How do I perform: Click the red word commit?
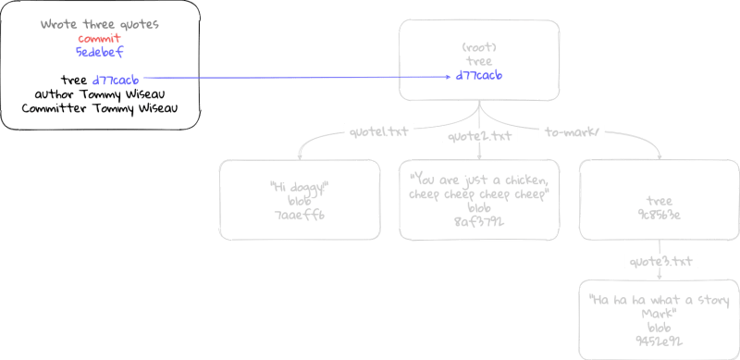[99, 38]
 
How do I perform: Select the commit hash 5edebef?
[99, 52]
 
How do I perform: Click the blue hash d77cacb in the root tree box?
[479, 75]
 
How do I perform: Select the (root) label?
[479, 46]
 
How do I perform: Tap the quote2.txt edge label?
[479, 135]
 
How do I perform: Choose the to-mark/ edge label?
[572, 132]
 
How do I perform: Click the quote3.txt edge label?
[660, 261]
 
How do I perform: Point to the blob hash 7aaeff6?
[299, 215]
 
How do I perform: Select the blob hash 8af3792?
[479, 222]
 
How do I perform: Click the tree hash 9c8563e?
[659, 215]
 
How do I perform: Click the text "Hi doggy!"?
[299, 187]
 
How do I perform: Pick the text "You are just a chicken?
[479, 180]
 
